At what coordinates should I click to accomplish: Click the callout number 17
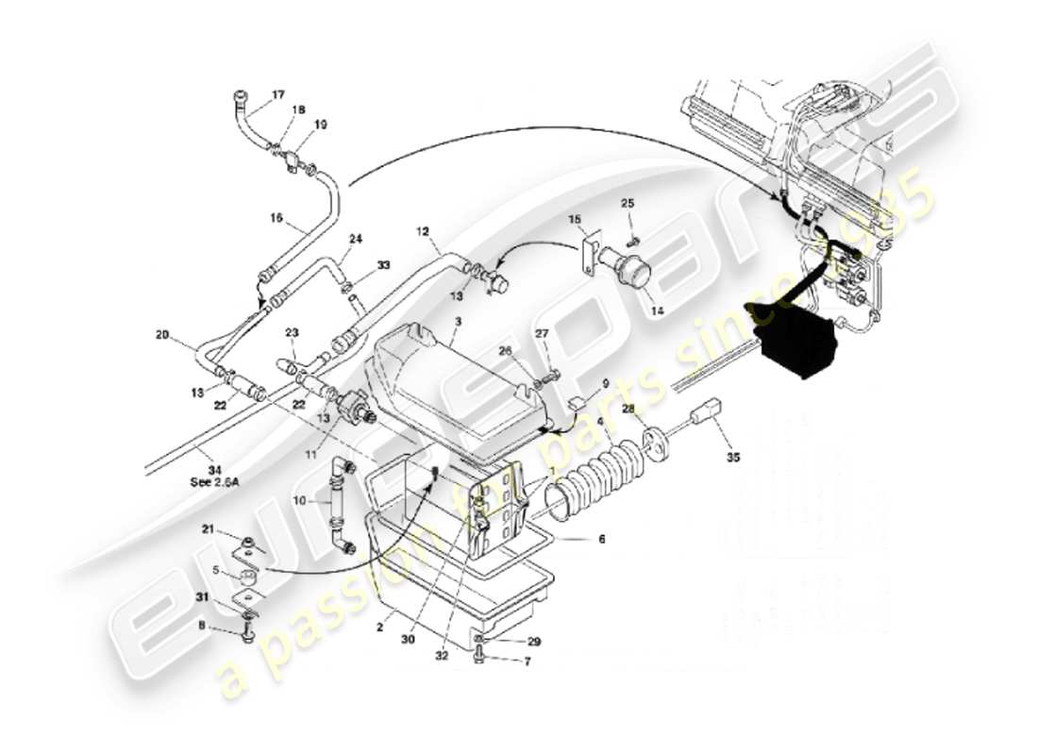(278, 94)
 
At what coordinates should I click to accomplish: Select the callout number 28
(628, 408)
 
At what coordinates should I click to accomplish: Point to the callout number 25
(628, 204)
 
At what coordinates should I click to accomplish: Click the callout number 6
(600, 540)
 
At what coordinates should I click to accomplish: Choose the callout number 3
(456, 323)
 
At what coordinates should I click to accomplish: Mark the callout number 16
(276, 217)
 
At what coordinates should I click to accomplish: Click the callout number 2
(378, 626)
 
